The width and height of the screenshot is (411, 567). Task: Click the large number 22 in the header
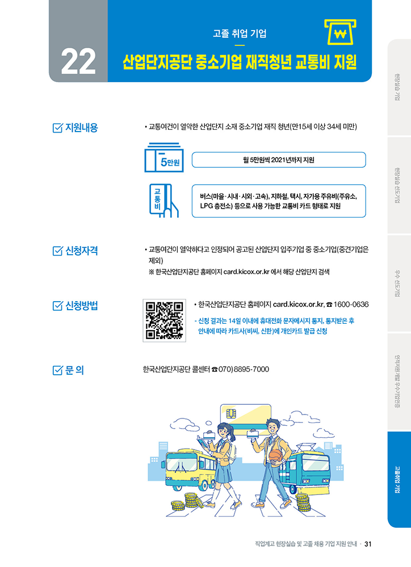(x=78, y=61)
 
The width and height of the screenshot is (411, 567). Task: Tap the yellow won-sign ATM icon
(x=340, y=32)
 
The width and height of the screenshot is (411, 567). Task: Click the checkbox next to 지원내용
(x=57, y=128)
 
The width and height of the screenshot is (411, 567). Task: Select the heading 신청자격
(x=82, y=251)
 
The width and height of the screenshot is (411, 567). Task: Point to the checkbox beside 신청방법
(x=57, y=306)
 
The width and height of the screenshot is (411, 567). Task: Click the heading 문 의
(x=74, y=370)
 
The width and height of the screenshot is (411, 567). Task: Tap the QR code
(x=165, y=320)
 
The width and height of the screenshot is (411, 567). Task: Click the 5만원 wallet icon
(x=164, y=157)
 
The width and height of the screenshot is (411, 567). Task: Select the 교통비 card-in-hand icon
(x=164, y=201)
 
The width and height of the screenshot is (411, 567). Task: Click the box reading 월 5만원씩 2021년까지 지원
(x=279, y=160)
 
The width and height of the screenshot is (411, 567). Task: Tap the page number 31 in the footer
(x=368, y=544)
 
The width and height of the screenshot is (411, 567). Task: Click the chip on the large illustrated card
(x=231, y=413)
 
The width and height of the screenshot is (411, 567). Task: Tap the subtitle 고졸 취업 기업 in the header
(x=240, y=33)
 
